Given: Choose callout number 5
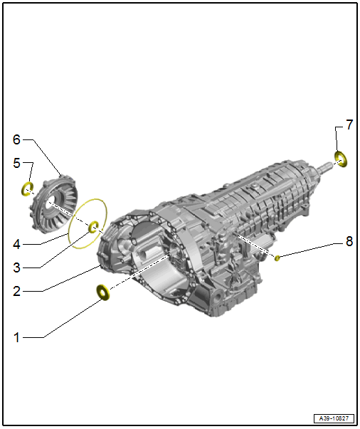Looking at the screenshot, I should pos(18,163).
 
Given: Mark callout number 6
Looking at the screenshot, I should pos(18,139).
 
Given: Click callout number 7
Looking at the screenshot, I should pos(349,125).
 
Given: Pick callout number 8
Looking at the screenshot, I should pos(349,241).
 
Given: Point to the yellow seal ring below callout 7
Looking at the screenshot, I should pos(341,159).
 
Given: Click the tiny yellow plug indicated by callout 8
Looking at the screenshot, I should pos(278,258).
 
